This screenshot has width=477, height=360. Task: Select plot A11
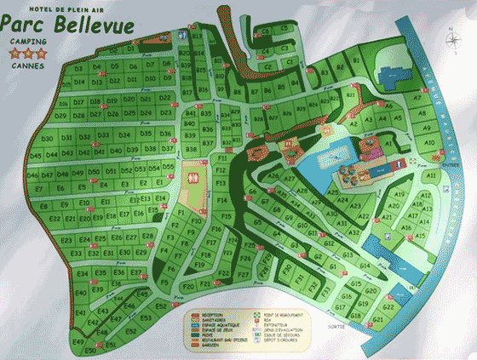tap(432, 175)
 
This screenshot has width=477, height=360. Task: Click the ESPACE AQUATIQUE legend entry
tap(212, 323)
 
